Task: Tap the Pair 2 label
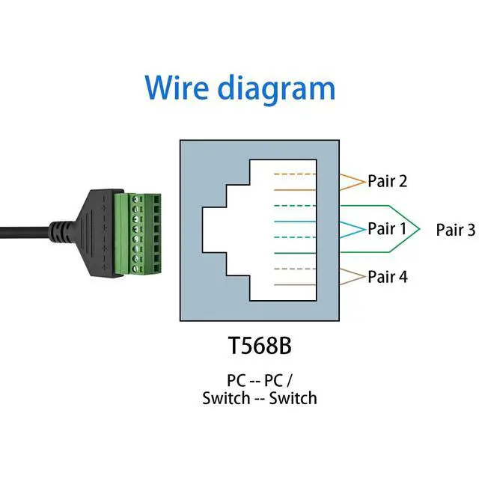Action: click(387, 181)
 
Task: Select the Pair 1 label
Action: click(387, 229)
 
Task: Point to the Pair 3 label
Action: click(455, 230)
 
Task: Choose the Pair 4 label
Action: click(387, 277)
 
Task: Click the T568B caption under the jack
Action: click(259, 347)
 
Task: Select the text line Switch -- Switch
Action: click(259, 397)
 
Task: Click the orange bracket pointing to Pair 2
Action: click(353, 181)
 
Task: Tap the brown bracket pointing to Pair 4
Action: click(353, 277)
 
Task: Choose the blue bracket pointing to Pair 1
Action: click(353, 229)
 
